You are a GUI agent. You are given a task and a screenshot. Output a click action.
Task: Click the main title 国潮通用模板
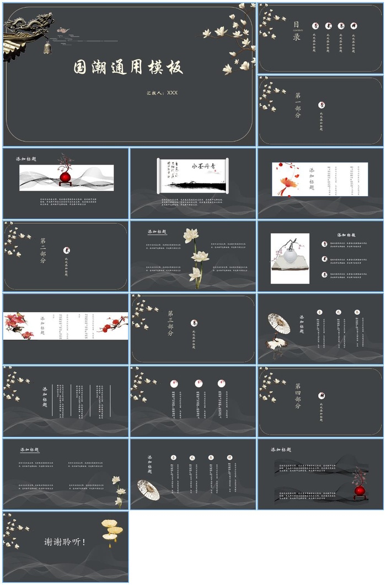[x=128, y=67]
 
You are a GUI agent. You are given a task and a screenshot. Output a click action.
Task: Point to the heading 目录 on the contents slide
[x=297, y=31]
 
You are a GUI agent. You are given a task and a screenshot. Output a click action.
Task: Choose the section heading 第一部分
[x=298, y=105]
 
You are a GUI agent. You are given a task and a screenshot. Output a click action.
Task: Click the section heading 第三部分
[x=170, y=323]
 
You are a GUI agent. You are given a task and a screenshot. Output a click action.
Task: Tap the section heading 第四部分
[x=298, y=395]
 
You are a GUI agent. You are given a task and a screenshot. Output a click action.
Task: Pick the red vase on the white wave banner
[x=65, y=177]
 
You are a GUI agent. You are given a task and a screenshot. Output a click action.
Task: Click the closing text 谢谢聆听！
[x=65, y=541]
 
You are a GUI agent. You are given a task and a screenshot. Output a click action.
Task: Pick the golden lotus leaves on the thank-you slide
[x=112, y=530]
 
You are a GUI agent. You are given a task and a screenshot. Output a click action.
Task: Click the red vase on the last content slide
[x=360, y=490]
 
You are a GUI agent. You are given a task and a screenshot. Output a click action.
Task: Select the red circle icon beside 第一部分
[x=321, y=105]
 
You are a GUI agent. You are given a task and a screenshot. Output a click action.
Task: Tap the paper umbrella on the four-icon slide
[x=148, y=489]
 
